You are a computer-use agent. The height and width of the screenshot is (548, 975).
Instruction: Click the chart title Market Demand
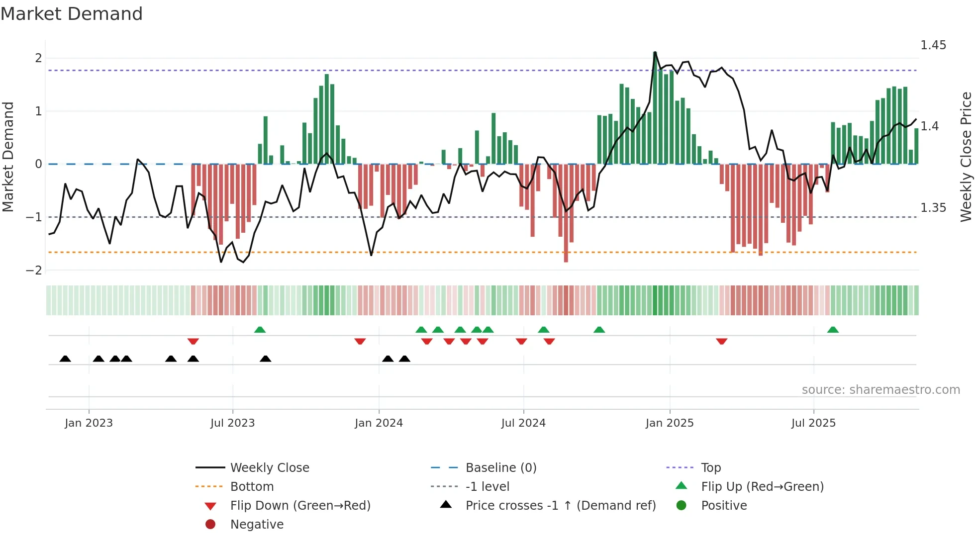tap(72, 14)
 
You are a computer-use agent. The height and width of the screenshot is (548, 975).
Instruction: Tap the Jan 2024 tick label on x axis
tap(379, 423)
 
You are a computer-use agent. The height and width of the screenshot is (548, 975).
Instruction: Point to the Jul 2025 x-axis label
tap(813, 423)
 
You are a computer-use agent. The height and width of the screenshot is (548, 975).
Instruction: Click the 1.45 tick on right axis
tap(933, 45)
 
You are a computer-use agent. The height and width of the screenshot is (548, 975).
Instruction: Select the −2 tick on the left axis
tap(34, 271)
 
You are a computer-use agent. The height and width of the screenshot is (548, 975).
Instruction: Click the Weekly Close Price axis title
tap(966, 157)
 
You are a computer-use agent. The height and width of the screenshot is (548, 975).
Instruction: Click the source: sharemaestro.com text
tap(880, 390)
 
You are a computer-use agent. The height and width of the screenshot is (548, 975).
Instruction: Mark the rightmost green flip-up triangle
tap(833, 330)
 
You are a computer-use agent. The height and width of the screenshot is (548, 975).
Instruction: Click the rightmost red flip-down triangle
tap(722, 341)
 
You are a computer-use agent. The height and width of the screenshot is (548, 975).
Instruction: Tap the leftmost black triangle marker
tap(65, 359)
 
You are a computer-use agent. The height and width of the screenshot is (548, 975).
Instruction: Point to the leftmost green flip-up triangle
tap(260, 330)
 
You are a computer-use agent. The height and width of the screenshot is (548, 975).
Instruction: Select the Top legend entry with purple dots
tap(710, 468)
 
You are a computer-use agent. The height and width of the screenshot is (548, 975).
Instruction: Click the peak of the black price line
tap(655, 52)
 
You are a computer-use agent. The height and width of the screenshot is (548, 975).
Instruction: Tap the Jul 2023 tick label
tap(232, 423)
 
